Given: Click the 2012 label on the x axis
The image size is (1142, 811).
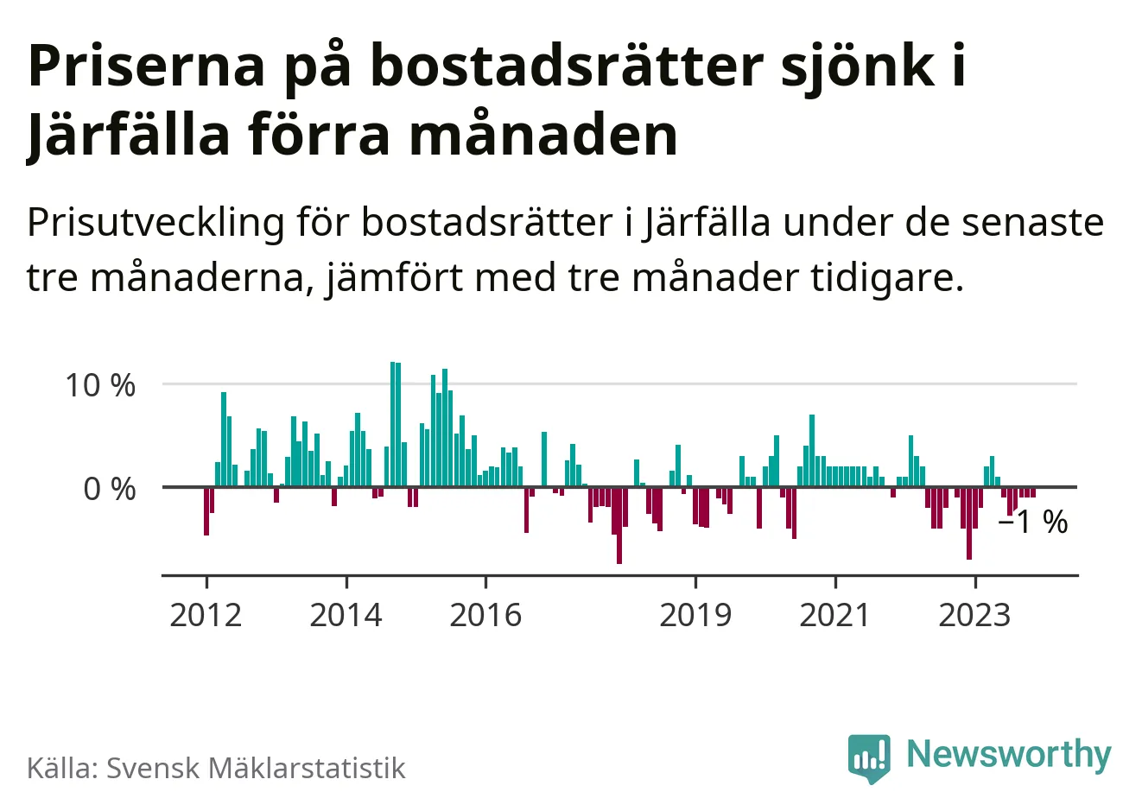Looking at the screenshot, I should click(x=206, y=615).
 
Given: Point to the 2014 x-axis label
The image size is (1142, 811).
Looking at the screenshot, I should click(x=346, y=615).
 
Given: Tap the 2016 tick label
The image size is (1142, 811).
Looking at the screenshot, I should click(x=485, y=615).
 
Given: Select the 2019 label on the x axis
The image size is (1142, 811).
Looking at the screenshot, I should click(x=695, y=615).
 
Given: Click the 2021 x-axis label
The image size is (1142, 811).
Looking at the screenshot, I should click(x=835, y=615).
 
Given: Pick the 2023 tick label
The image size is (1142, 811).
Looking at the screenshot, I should click(x=974, y=615).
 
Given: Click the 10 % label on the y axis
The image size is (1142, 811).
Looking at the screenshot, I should click(x=101, y=385).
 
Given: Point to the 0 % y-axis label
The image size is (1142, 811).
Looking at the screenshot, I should click(x=110, y=490).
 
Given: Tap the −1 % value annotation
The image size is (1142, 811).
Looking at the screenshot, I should click(x=1033, y=523).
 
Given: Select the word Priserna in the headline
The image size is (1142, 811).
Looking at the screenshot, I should click(x=146, y=66).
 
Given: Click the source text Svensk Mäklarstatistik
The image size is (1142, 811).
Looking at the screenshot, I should click(x=256, y=768).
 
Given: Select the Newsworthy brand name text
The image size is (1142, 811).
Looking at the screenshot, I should click(x=1009, y=754).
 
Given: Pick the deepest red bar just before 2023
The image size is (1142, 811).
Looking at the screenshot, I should click(x=969, y=523).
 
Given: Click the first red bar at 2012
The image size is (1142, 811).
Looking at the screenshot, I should click(x=206, y=511).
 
